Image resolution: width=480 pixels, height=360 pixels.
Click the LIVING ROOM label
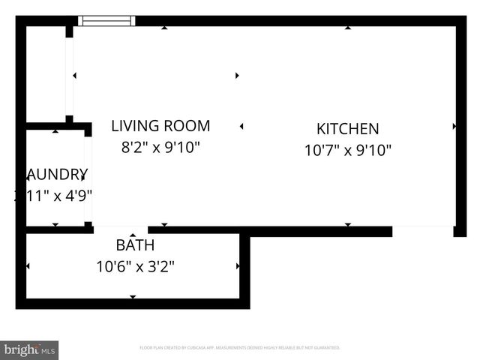pyautogui.click(x=160, y=126)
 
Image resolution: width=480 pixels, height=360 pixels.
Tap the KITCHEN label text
pyautogui.click(x=347, y=129)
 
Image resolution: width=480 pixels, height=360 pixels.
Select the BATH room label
pyautogui.click(x=135, y=245)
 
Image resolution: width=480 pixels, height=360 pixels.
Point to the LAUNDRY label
pyautogui.click(x=57, y=175)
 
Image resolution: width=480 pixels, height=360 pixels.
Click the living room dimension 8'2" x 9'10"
pyautogui.click(x=160, y=148)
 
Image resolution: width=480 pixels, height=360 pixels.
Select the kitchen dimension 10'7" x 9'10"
pyautogui.click(x=347, y=150)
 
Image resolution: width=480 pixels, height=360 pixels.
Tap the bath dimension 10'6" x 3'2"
pyautogui.click(x=135, y=266)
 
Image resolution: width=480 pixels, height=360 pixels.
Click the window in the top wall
pyautogui.click(x=107, y=21)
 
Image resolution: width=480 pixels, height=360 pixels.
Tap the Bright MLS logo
pyautogui.click(x=29, y=349)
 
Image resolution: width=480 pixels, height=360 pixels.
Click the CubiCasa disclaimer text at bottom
pyautogui.click(x=240, y=348)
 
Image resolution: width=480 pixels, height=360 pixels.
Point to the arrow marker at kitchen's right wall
pyautogui.click(x=454, y=127)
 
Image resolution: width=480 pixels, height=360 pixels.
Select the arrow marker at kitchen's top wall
pyautogui.click(x=348, y=28)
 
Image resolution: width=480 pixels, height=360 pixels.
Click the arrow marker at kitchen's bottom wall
pyautogui.click(x=348, y=223)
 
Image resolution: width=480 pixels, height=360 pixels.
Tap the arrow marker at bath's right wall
pyautogui.click(x=238, y=266)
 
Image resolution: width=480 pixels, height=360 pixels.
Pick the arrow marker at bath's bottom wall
pyautogui.click(x=133, y=297)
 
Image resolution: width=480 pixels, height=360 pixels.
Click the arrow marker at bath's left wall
pyautogui.click(x=28, y=266)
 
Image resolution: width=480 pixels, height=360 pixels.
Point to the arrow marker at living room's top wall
pyautogui.click(x=164, y=28)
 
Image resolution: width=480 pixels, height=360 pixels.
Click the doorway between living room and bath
pyautogui.click(x=120, y=230)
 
